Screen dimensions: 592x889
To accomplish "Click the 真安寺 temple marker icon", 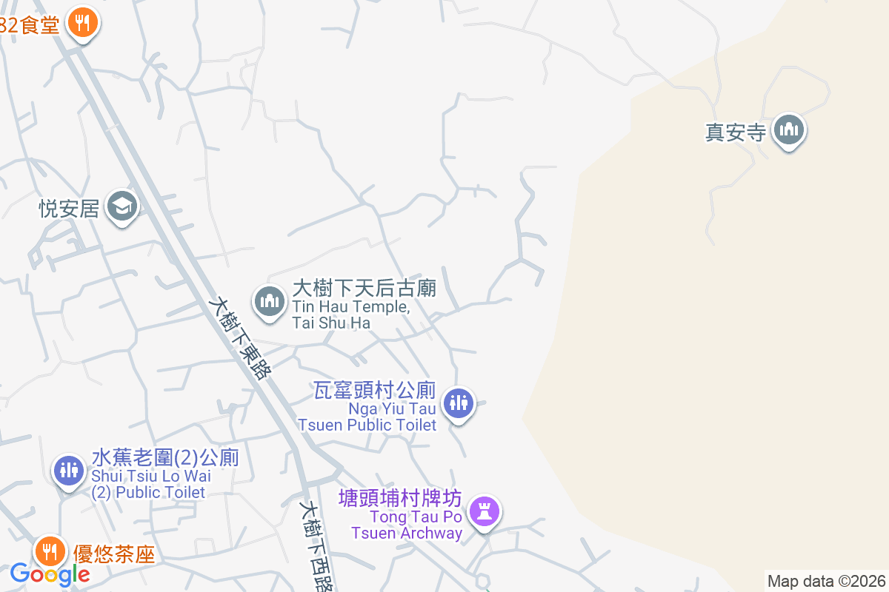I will (788, 131).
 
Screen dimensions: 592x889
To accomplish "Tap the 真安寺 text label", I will (734, 132).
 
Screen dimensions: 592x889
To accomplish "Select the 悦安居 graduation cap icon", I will (122, 206).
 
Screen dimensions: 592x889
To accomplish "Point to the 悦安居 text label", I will (69, 208).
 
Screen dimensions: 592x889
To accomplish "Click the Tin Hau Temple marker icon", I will (270, 302).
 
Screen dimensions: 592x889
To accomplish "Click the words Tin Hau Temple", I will (350, 306).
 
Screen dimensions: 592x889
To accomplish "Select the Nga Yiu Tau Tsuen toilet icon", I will (459, 403).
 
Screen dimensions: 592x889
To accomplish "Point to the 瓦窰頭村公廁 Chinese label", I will (375, 390).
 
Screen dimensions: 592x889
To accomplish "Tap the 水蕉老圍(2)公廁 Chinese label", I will (165, 457).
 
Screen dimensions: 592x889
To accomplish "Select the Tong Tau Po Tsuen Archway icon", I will (485, 511).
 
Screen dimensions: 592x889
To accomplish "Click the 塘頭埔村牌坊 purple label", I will (400, 498).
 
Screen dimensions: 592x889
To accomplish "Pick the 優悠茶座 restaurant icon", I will (50, 551).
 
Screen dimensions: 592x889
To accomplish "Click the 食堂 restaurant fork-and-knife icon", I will (83, 23).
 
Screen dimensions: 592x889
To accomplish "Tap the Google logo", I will (50, 573).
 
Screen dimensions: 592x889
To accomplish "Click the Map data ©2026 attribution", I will (826, 581).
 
